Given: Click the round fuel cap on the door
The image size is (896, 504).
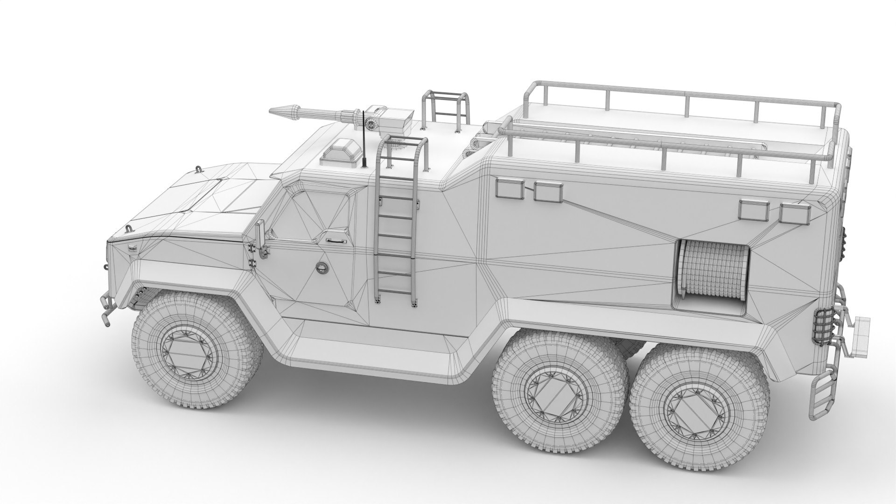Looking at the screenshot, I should coord(322,267).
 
